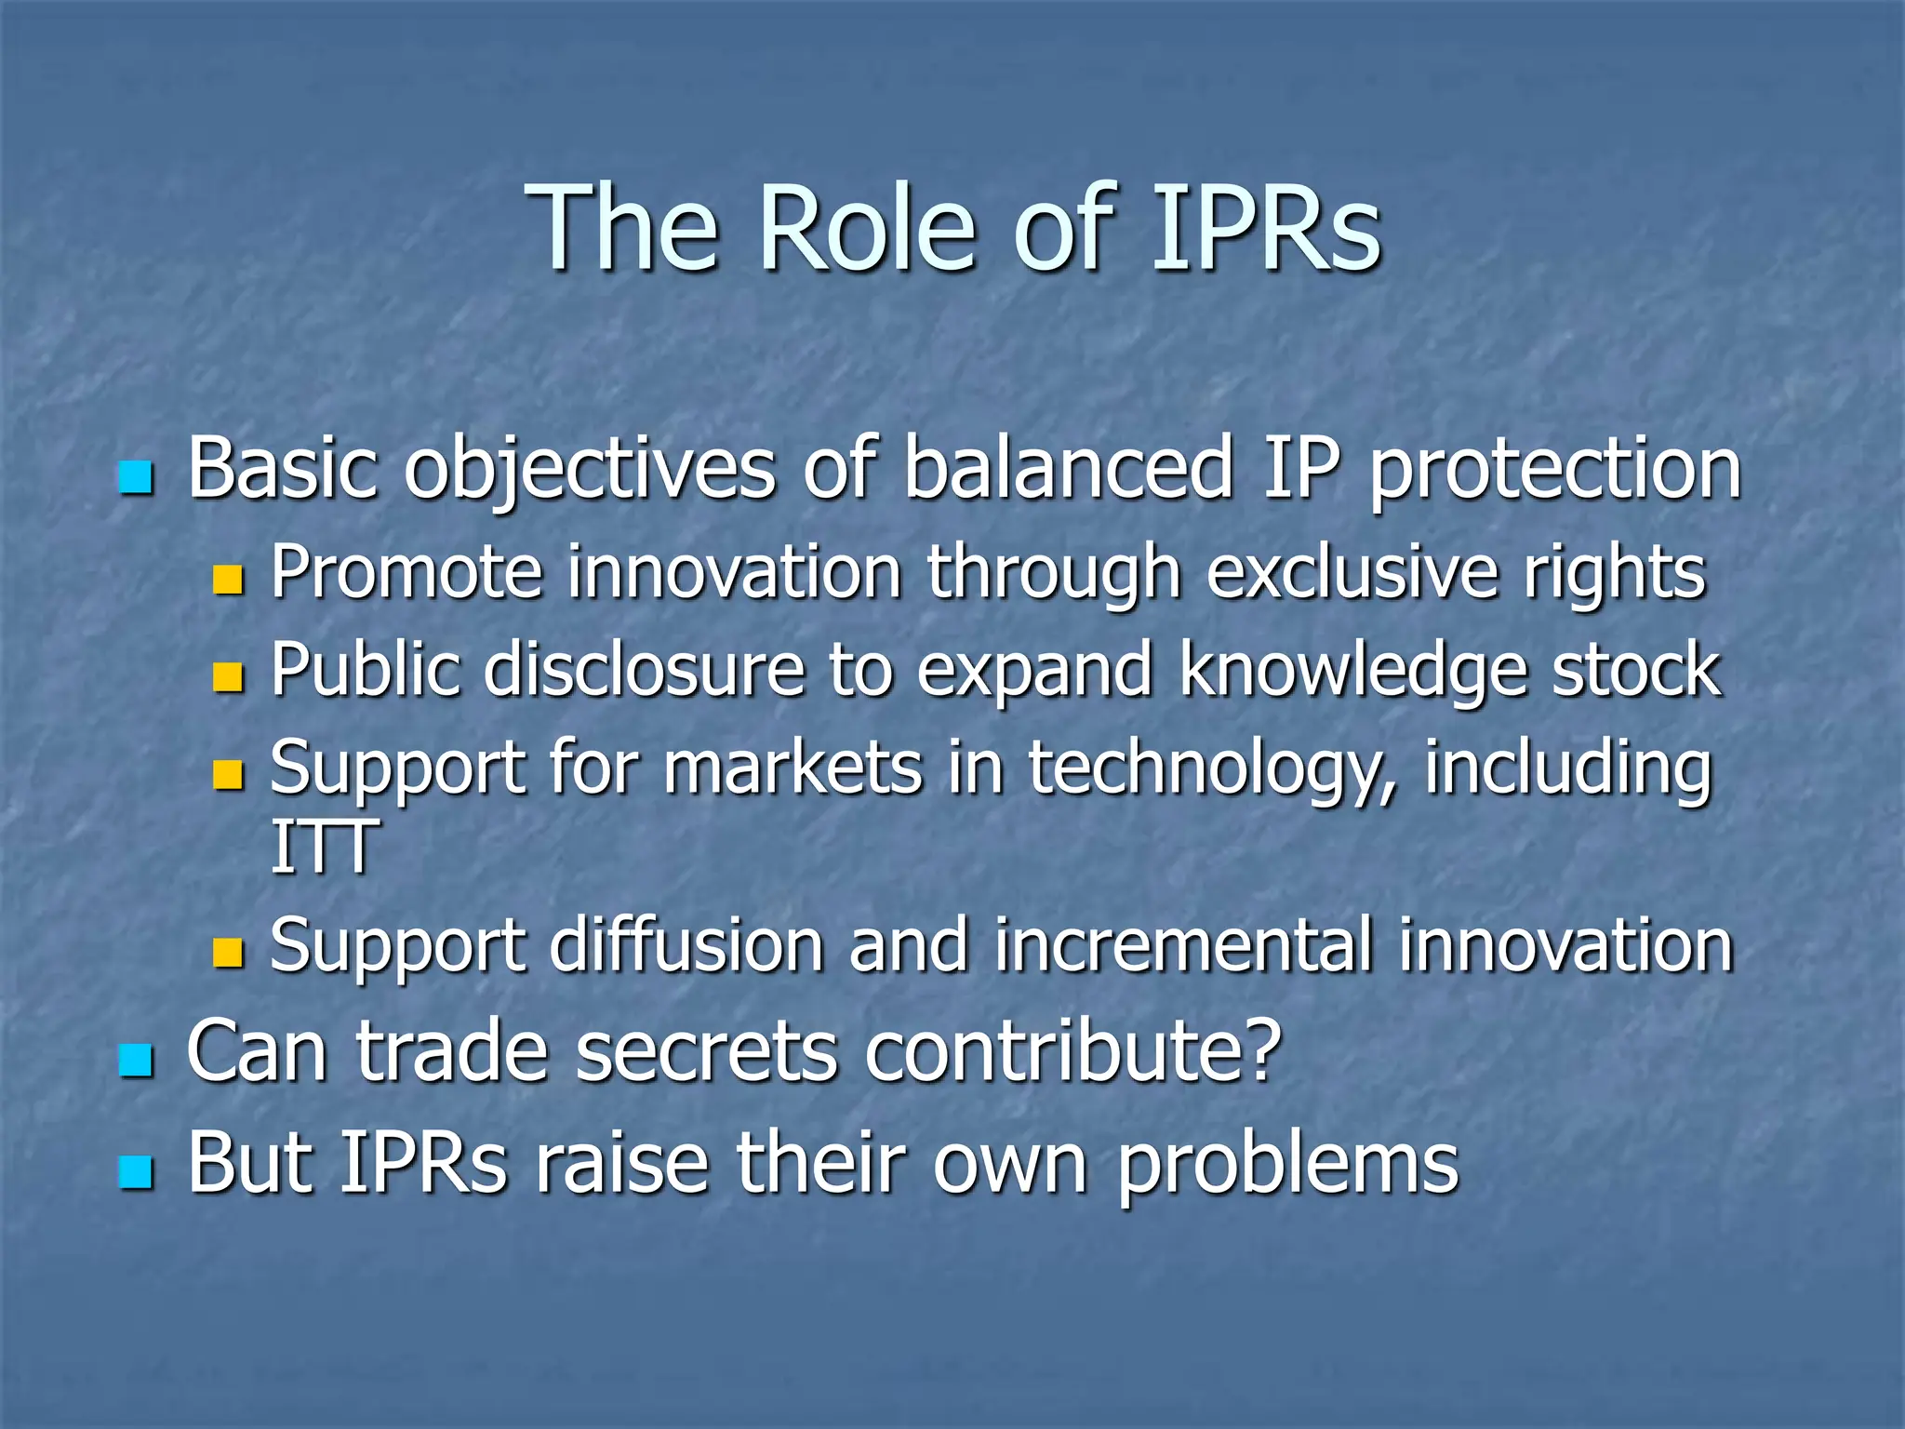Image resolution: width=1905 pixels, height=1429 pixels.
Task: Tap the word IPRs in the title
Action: pyautogui.click(x=1265, y=228)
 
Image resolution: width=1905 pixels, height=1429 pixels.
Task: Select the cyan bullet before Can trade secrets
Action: pyautogui.click(x=136, y=1060)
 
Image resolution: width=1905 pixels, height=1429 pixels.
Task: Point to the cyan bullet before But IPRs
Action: pyautogui.click(x=136, y=1171)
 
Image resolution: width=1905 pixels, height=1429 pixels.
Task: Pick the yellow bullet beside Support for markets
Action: pyautogui.click(x=227, y=775)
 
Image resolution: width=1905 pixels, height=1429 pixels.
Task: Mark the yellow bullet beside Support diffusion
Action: pyautogui.click(x=227, y=953)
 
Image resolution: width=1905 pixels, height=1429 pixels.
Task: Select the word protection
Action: pyautogui.click(x=1554, y=470)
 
